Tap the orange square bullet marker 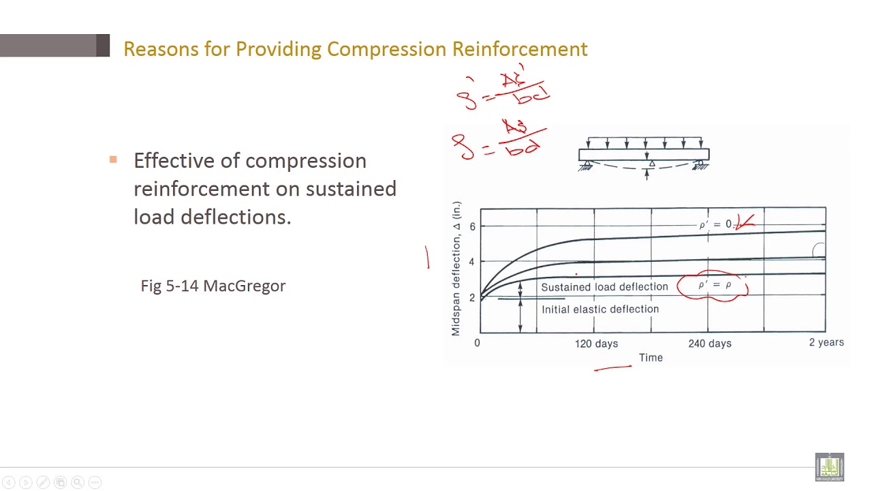pyautogui.click(x=113, y=160)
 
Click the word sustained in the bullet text pyautogui.click(x=351, y=189)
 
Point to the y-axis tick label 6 pyautogui.click(x=472, y=226)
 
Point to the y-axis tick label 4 pyautogui.click(x=472, y=262)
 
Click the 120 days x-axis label pyautogui.click(x=596, y=343)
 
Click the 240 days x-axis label pyautogui.click(x=710, y=343)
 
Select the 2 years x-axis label pyautogui.click(x=826, y=342)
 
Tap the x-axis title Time pyautogui.click(x=651, y=357)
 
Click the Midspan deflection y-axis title pyautogui.click(x=456, y=269)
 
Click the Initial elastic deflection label pyautogui.click(x=600, y=309)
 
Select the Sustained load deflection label pyautogui.click(x=604, y=287)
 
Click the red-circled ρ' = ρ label pyautogui.click(x=714, y=285)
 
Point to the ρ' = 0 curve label pyautogui.click(x=715, y=224)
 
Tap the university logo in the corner pyautogui.click(x=829, y=467)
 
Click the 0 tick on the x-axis pyautogui.click(x=477, y=342)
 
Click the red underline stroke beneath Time pyautogui.click(x=613, y=368)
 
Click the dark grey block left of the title pyautogui.click(x=103, y=46)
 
